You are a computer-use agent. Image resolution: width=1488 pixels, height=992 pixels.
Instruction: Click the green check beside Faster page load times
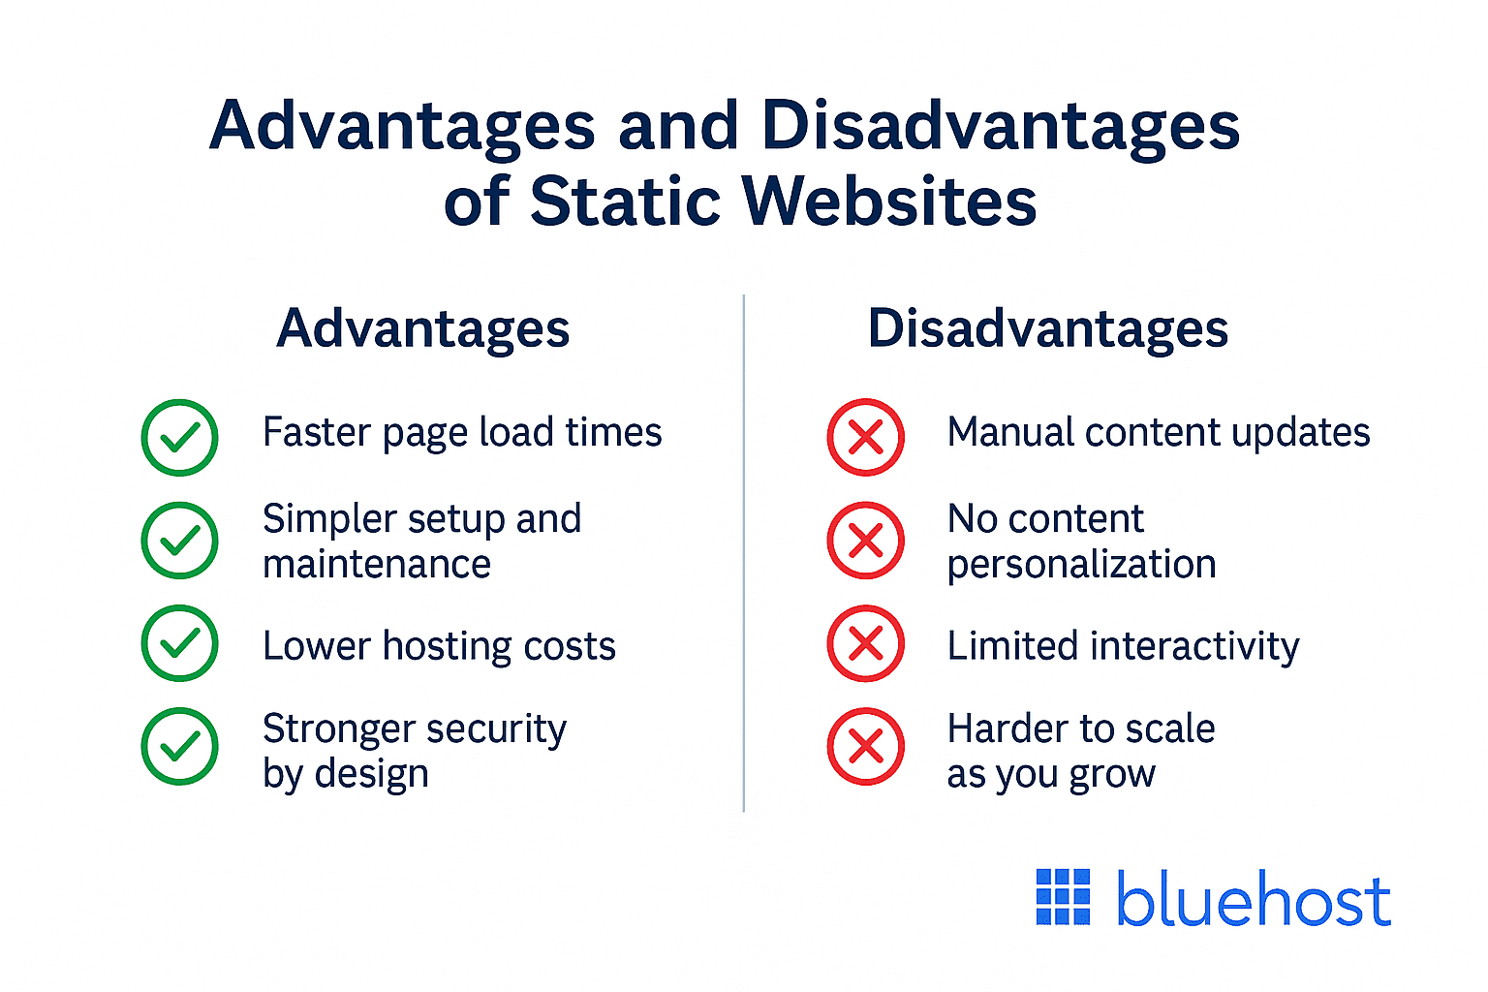pos(180,438)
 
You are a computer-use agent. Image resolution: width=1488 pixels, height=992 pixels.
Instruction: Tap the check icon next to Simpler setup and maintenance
pos(180,541)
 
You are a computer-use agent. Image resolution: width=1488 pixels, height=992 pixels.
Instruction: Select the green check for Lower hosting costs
pos(180,643)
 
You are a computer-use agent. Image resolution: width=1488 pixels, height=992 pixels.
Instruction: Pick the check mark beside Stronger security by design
pos(180,747)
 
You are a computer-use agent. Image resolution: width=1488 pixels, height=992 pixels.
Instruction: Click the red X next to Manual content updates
pos(865,438)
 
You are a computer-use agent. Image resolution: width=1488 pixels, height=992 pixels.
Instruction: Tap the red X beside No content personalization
pos(865,541)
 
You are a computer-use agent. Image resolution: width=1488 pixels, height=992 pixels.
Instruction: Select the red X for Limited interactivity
pos(865,643)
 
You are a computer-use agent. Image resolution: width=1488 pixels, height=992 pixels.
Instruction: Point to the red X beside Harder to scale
pos(865,747)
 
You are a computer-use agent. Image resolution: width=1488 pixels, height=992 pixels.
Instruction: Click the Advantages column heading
pos(423,329)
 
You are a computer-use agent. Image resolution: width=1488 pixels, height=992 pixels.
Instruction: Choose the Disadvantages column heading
pos(1047,329)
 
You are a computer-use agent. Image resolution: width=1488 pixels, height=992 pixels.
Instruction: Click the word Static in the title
pos(625,201)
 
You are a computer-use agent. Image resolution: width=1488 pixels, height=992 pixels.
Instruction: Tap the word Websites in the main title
pos(889,201)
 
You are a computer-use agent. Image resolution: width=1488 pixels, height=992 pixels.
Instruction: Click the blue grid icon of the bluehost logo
pos(1063,897)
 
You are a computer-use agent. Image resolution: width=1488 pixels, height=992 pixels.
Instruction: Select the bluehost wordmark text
pos(1254,899)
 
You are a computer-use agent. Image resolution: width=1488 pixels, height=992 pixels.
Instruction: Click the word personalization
pos(1081,565)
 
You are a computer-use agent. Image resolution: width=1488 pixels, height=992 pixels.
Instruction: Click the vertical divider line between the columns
pos(744,552)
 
